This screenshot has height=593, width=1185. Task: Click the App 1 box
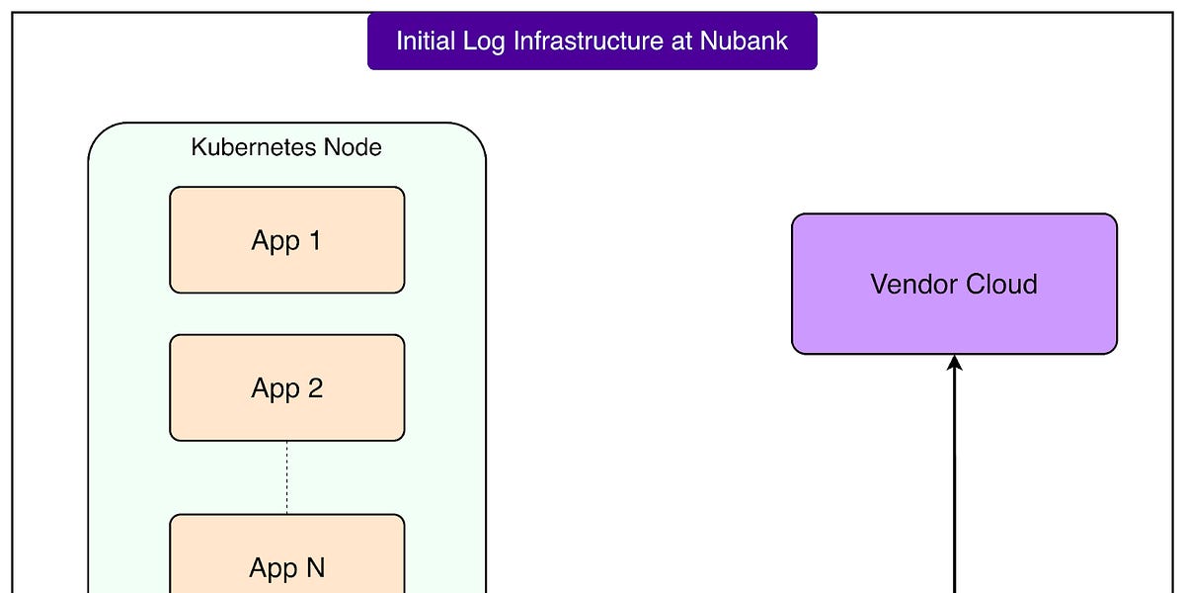coord(286,240)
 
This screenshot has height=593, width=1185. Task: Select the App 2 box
coord(286,387)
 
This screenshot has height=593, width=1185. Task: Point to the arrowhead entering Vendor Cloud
coord(955,363)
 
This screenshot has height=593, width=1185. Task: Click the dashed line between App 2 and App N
coord(287,476)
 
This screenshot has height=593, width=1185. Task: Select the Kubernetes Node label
coord(286,148)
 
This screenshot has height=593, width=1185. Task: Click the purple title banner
coord(592,42)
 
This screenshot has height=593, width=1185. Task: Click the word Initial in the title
coord(425,42)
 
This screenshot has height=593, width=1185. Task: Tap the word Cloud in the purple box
coord(1000,285)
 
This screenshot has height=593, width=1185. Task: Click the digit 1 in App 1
coord(314,240)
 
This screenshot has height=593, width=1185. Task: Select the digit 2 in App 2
coord(314,387)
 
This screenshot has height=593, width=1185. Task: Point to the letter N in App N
coord(315,568)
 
